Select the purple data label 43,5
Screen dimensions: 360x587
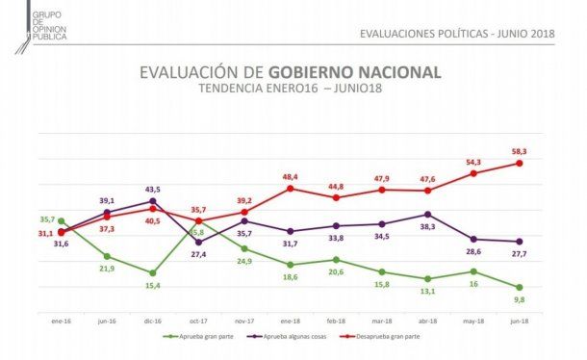152,189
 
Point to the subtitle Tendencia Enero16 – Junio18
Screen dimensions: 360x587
291,89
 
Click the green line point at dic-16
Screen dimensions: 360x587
152,273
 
